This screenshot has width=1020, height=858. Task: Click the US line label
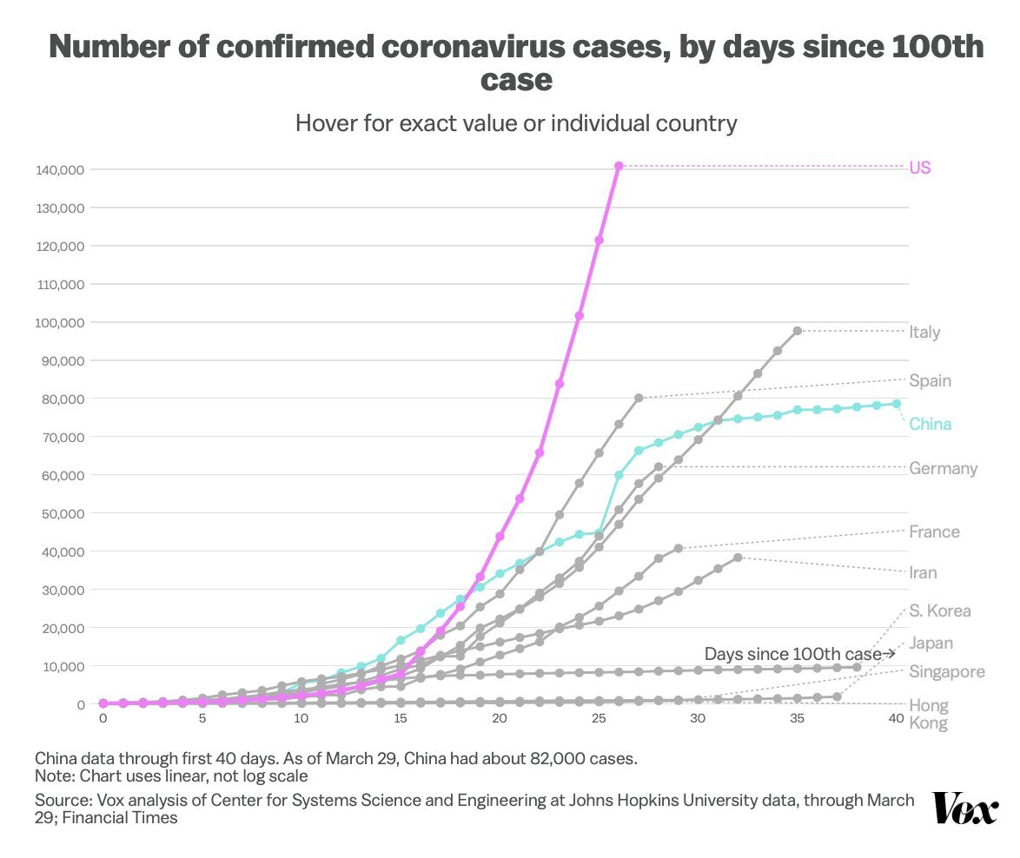pos(920,168)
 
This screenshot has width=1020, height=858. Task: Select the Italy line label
pos(924,332)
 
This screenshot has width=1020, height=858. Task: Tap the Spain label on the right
pos(930,380)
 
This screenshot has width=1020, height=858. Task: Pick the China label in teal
pos(930,424)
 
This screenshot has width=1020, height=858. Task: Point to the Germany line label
pos(943,469)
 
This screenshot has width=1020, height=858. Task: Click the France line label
pos(934,531)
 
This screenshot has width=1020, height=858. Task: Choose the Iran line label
pos(923,573)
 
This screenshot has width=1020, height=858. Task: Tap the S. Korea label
pos(940,610)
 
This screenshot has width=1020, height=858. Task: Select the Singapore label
pos(947,671)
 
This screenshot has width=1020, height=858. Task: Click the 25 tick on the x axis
pos(598,720)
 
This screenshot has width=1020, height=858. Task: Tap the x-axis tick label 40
pos(896,720)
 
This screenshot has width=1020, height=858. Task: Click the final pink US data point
pos(619,166)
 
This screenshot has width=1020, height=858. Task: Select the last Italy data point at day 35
pos(797,331)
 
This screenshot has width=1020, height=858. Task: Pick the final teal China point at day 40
pos(896,404)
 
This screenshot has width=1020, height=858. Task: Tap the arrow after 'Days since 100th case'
pos(888,654)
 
